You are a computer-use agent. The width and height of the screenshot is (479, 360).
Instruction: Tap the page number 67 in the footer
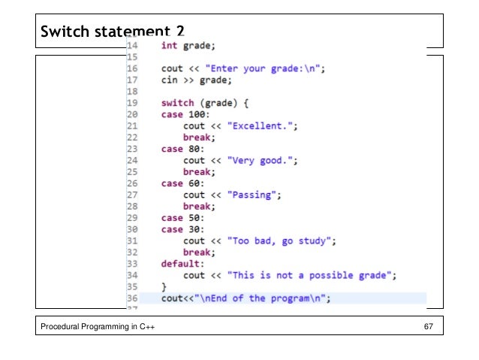point(429,325)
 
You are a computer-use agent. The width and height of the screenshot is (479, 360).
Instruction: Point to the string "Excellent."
point(262,126)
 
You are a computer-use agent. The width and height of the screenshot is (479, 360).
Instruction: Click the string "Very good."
point(262,160)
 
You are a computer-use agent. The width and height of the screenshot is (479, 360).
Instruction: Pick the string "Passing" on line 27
point(254,195)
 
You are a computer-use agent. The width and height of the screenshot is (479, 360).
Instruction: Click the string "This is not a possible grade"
point(312,275)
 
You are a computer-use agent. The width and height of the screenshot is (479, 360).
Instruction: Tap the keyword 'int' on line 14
point(169,46)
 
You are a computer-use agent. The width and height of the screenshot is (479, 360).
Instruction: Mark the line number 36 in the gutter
point(132,298)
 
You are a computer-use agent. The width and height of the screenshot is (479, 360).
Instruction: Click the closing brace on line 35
point(164,287)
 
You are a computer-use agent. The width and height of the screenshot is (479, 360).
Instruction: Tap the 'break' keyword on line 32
point(197,253)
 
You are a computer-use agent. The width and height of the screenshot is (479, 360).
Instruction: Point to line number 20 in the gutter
point(132,114)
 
